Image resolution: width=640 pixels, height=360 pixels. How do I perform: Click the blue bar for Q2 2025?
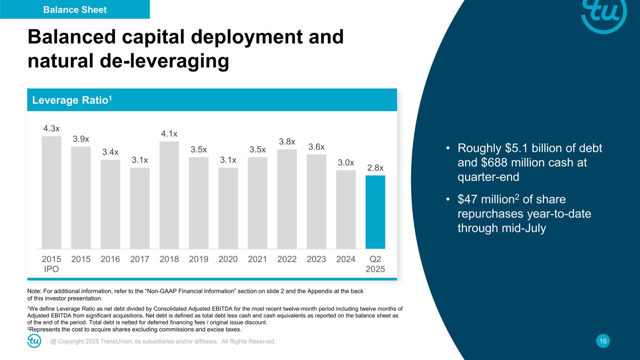pos(375,212)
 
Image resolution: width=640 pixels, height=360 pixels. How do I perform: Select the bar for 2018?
pos(169,195)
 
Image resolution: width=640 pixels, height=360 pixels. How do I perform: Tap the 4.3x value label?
pos(51,128)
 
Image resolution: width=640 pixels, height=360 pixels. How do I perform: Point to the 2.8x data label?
pos(375,167)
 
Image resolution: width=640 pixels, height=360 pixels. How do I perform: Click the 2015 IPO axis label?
pos(51,264)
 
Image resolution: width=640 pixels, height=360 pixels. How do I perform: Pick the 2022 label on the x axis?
pos(287,259)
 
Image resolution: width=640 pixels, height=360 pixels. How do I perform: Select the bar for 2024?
pos(346,209)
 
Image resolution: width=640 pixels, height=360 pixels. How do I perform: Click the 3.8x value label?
pos(287,142)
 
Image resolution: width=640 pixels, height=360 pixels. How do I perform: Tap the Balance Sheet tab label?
pos(75,9)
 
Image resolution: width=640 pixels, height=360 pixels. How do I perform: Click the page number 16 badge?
pos(603,342)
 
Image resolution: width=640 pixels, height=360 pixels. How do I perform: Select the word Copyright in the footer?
pos(73,342)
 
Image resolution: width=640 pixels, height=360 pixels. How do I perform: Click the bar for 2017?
pos(140,208)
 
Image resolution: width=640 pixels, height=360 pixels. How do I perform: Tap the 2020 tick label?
pos(228,259)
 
